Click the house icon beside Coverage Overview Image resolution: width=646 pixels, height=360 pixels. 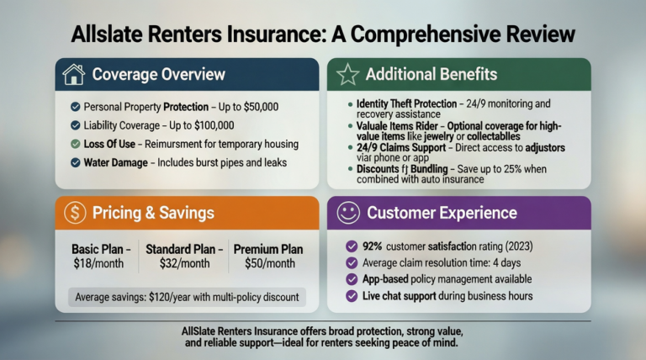tap(74, 75)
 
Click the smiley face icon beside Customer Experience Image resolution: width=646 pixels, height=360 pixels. tap(348, 213)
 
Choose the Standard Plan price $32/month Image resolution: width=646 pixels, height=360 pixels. tap(183, 263)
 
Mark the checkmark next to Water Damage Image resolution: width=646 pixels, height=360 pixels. tap(76, 161)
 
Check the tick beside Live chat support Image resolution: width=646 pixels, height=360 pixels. tap(352, 296)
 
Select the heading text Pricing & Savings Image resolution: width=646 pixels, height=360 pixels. tap(153, 213)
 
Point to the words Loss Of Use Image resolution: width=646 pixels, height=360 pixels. tap(113, 143)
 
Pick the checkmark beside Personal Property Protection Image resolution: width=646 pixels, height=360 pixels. tap(76, 107)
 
